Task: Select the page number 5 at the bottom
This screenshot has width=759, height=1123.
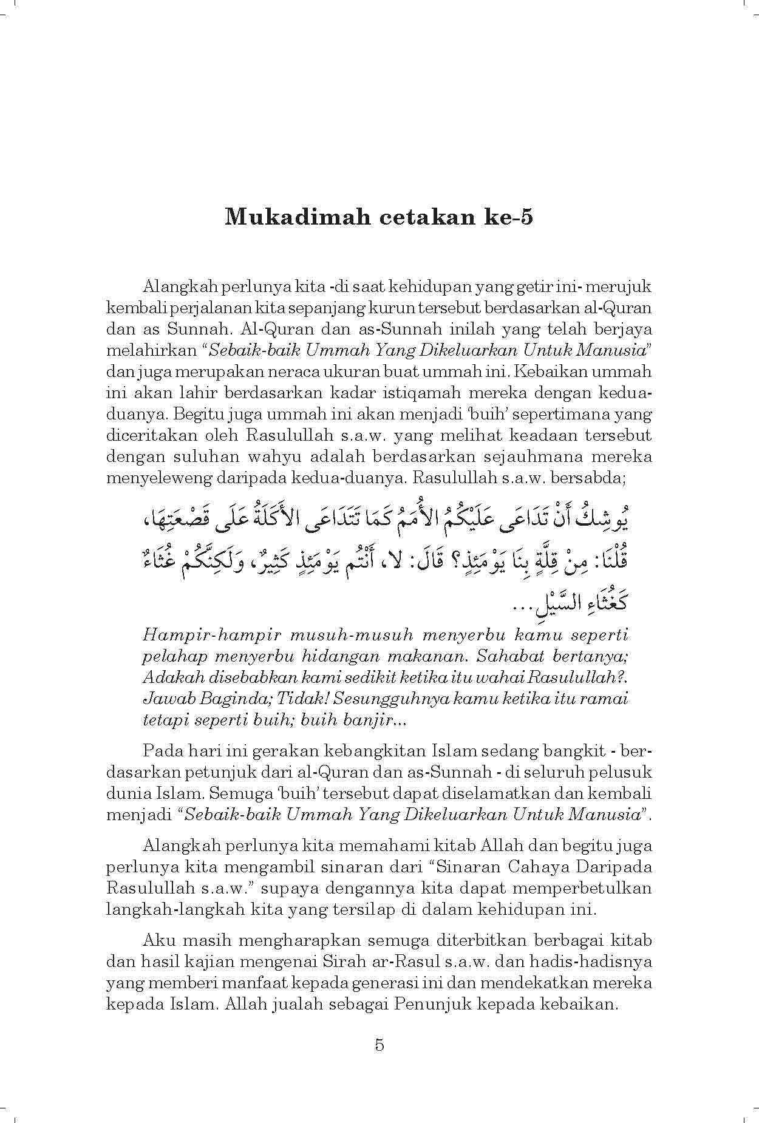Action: (379, 1045)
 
